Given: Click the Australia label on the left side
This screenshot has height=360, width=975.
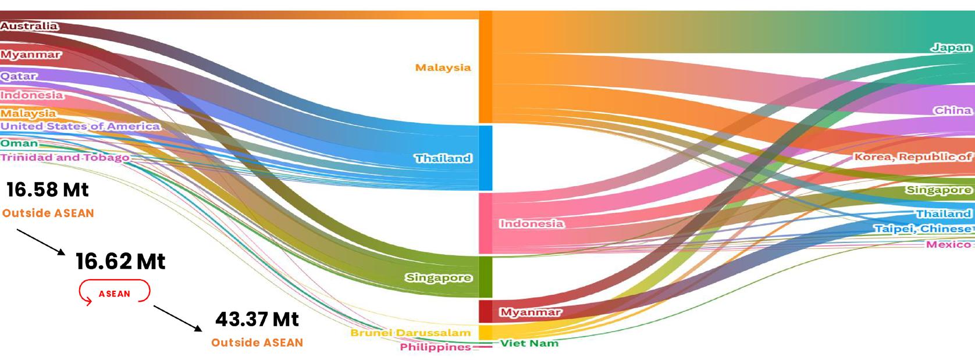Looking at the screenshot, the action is point(29,26).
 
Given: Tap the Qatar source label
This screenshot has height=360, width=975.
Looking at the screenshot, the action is point(19,76).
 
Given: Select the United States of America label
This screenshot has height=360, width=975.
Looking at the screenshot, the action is point(80,126).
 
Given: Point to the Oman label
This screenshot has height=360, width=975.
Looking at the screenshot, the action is point(19,143).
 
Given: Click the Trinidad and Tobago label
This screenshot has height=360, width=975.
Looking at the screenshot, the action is point(65,158).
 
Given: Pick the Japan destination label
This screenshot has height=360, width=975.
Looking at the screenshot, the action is point(951,48).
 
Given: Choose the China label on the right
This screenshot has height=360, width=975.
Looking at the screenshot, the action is point(952,111).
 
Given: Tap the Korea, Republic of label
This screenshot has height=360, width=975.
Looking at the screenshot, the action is point(912,157).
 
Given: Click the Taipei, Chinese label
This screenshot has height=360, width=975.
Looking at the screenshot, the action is point(923,229).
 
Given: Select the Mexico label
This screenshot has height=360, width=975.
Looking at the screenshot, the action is point(948,244).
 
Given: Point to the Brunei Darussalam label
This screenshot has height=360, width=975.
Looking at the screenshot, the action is point(410,333).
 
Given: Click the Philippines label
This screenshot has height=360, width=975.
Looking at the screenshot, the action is point(435,347).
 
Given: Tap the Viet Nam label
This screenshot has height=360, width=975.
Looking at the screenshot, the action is point(529,343).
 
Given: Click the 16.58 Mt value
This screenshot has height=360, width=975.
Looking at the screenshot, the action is point(48,190).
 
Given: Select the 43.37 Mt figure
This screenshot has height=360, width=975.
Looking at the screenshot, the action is point(257,319).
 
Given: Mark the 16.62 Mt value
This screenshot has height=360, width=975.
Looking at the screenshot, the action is point(120,262).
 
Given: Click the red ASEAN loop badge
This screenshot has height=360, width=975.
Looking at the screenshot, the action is point(115,293).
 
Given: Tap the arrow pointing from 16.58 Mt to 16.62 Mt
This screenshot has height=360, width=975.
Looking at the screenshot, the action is point(41,242).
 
